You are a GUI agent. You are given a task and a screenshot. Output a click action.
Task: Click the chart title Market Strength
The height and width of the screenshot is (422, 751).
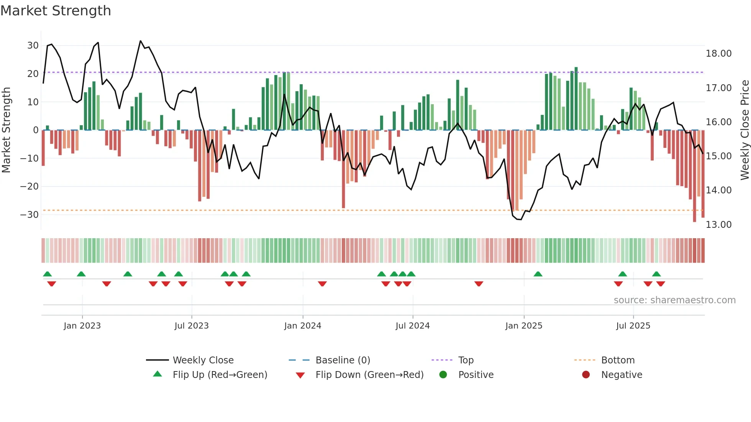pyautogui.click(x=56, y=11)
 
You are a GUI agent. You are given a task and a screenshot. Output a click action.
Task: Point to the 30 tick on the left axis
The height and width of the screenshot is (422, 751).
pyautogui.click(x=33, y=46)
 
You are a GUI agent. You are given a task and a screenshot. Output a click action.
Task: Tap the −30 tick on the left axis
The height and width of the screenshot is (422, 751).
pyautogui.click(x=30, y=214)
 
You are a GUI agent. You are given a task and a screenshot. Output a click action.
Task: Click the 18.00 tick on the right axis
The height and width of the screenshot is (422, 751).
pyautogui.click(x=718, y=54)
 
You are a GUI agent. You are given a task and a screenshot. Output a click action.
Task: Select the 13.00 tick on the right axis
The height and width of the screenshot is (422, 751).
pyautogui.click(x=718, y=224)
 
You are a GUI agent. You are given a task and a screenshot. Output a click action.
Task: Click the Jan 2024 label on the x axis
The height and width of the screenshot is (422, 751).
pyautogui.click(x=302, y=326)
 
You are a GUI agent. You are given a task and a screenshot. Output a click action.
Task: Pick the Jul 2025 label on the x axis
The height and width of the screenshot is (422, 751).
pyautogui.click(x=633, y=326)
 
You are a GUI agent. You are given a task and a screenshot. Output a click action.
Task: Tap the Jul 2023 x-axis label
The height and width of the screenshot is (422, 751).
pyautogui.click(x=191, y=326)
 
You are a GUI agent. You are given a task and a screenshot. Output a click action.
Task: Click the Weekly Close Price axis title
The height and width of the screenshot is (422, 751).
pyautogui.click(x=744, y=130)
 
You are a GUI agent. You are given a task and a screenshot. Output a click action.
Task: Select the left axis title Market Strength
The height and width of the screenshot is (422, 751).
pyautogui.click(x=6, y=130)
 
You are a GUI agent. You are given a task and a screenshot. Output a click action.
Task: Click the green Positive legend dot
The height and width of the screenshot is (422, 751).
pyautogui.click(x=443, y=375)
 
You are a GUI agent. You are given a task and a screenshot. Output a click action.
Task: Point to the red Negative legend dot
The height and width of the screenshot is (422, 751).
pyautogui.click(x=586, y=375)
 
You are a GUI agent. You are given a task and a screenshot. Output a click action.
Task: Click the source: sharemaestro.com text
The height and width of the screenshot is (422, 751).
pyautogui.click(x=674, y=300)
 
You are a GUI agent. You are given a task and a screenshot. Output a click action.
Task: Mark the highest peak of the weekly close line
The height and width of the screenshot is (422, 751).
pyautogui.click(x=141, y=41)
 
